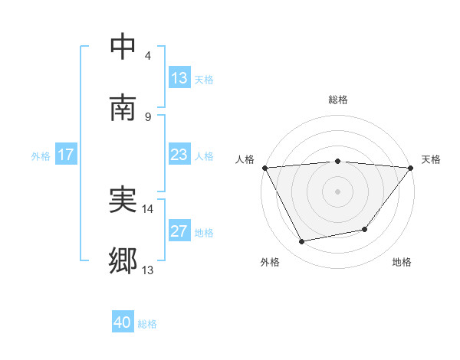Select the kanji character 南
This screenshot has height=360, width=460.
[x=123, y=108]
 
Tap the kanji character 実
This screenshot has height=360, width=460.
[x=123, y=200]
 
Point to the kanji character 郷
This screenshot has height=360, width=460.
[x=123, y=261]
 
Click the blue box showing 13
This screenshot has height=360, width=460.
[x=179, y=78]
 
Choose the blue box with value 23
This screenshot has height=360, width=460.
[x=179, y=155]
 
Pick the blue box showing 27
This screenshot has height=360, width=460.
[x=179, y=232]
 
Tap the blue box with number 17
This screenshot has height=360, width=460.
[x=66, y=155]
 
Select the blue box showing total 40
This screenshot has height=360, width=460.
[x=123, y=323]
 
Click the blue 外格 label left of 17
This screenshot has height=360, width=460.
[x=41, y=156]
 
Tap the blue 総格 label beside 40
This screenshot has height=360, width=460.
[x=147, y=324]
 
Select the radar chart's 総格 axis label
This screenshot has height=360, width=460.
[x=338, y=100]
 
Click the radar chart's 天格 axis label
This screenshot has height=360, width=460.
[x=431, y=159]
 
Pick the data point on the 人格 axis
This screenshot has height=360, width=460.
[x=264, y=168]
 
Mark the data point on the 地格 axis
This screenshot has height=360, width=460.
[x=366, y=229]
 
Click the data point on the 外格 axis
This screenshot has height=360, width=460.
[x=302, y=242]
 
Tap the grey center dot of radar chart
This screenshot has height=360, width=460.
[x=338, y=191]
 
